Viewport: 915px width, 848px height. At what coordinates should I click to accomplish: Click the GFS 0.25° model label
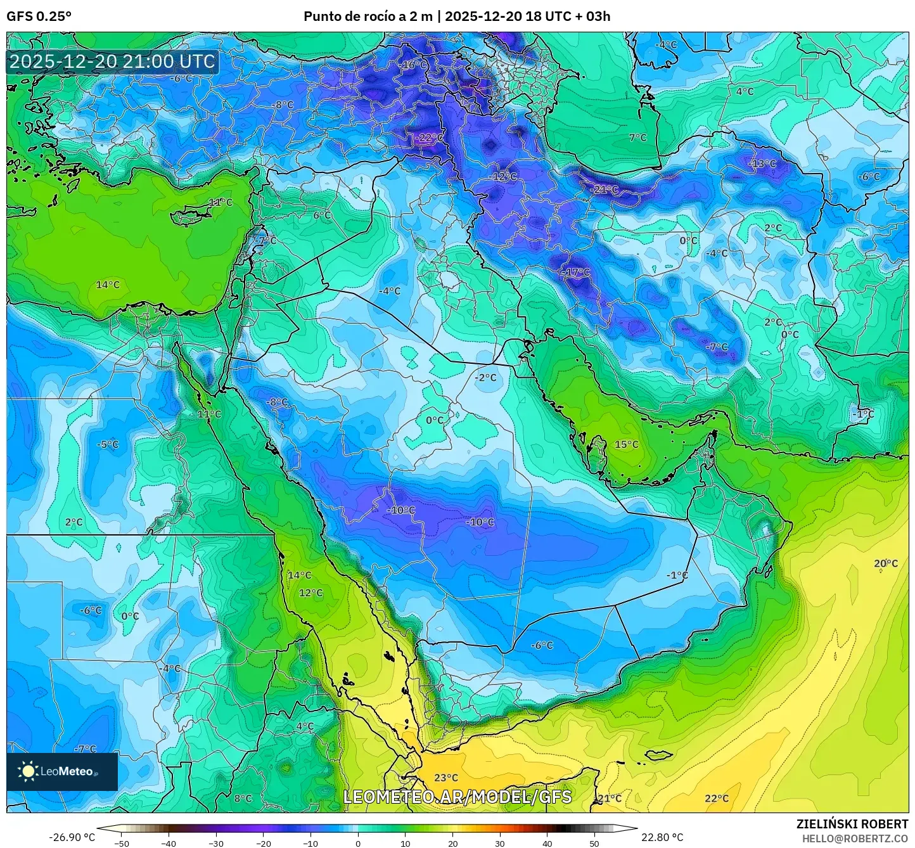(x=39, y=16)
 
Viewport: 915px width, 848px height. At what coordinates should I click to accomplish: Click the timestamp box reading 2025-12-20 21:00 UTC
(x=112, y=61)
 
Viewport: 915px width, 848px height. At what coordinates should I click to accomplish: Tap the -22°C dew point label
(x=429, y=138)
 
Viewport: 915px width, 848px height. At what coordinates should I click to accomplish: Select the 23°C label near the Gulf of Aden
(x=445, y=778)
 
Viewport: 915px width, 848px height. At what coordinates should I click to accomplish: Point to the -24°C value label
(x=604, y=190)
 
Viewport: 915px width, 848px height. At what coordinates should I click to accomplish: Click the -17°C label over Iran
(x=575, y=273)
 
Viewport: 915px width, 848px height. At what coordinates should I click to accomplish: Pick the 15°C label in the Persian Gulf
(x=626, y=444)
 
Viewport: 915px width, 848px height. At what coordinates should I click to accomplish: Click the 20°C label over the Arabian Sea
(x=885, y=563)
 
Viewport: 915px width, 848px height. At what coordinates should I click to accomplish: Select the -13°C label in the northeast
(x=762, y=164)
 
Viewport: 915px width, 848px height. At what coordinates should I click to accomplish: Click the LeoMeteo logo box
(x=62, y=771)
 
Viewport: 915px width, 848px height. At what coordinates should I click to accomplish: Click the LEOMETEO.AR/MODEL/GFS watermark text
(x=457, y=797)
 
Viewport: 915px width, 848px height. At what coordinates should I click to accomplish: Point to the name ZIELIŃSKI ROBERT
(x=852, y=824)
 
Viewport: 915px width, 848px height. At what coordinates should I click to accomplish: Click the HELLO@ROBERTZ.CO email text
(x=855, y=838)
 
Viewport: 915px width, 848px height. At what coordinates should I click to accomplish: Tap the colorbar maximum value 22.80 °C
(x=662, y=837)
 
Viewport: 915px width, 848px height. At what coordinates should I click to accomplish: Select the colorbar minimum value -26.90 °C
(x=72, y=837)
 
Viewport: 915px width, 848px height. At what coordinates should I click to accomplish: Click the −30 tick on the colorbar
(x=216, y=844)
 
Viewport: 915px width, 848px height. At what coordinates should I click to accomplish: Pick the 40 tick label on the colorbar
(x=547, y=844)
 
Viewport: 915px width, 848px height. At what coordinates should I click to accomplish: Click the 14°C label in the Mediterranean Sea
(x=108, y=285)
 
